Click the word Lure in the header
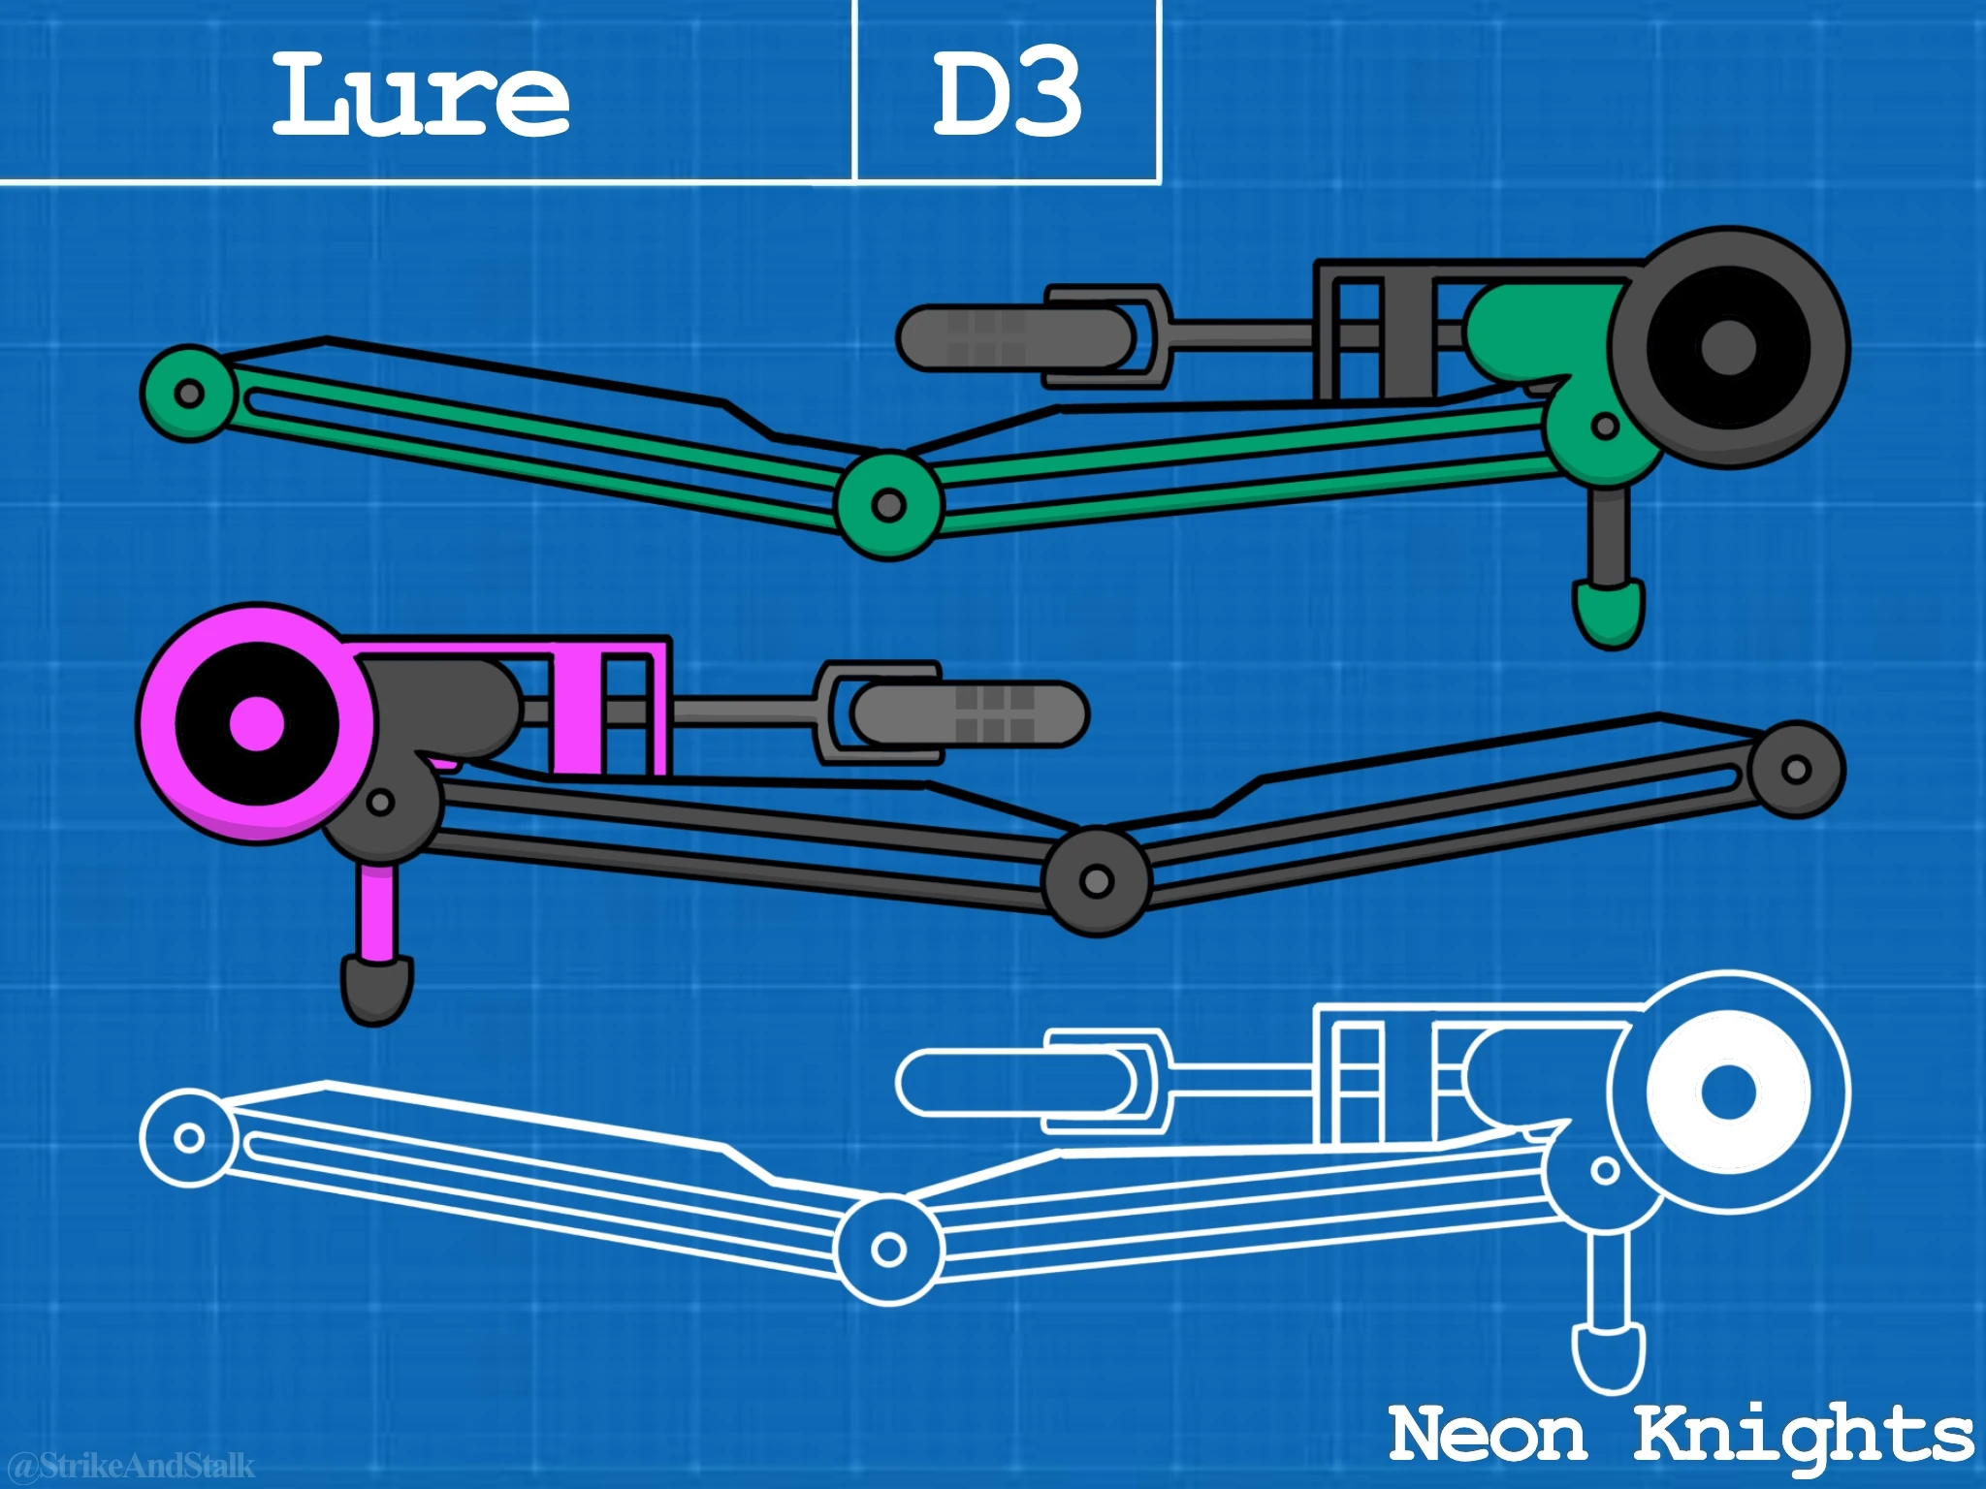click(420, 95)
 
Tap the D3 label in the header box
click(1007, 95)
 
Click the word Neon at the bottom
click(1488, 1434)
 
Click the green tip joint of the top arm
click(190, 394)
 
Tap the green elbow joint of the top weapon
click(888, 504)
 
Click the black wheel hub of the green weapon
click(1729, 346)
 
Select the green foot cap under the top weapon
click(1609, 614)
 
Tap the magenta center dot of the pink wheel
click(258, 722)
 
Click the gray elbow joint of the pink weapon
click(1096, 881)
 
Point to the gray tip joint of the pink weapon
click(1796, 770)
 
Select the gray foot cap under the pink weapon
click(376, 989)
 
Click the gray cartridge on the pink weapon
click(970, 713)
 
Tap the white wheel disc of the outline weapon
click(1729, 1091)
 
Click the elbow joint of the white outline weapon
click(888, 1250)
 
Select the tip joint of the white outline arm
click(190, 1138)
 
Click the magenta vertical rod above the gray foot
click(376, 911)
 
